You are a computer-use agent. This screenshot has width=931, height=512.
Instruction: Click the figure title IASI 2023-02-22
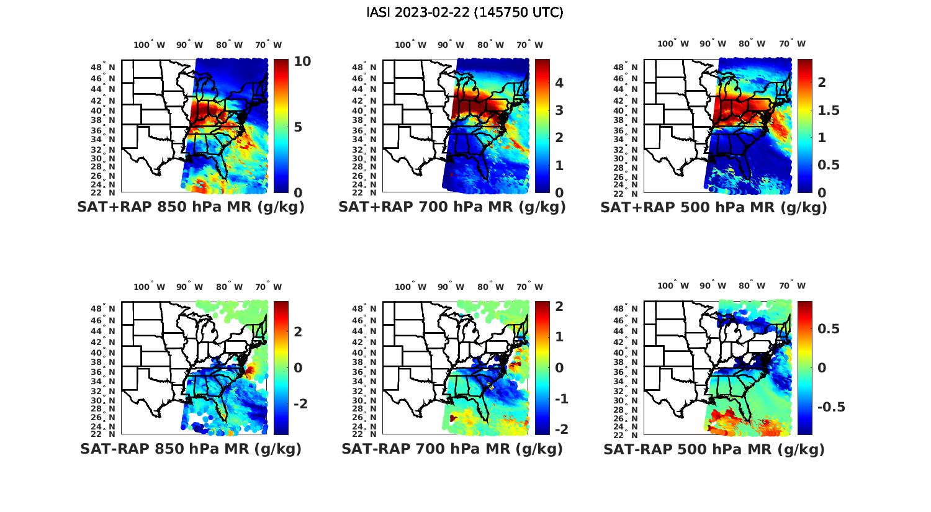[465, 12]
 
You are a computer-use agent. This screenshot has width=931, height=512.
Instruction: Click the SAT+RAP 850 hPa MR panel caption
[191, 207]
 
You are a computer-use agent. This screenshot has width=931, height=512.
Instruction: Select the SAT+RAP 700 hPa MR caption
[452, 207]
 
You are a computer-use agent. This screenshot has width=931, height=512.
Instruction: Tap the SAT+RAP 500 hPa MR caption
[713, 207]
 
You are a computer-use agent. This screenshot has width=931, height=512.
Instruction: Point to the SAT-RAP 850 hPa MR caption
[191, 449]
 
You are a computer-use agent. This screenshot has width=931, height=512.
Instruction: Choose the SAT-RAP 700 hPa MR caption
[452, 449]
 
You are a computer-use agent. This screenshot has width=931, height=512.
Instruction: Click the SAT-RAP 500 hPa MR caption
[714, 449]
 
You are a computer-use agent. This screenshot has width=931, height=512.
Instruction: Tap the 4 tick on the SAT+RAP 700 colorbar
[558, 83]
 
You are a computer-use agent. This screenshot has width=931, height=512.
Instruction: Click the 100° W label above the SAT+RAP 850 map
[150, 45]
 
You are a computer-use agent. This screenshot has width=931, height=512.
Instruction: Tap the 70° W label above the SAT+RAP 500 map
[793, 43]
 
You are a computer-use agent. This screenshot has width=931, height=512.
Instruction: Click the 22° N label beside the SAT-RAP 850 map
[103, 433]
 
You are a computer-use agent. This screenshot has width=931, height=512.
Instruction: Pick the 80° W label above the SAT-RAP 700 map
[493, 287]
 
